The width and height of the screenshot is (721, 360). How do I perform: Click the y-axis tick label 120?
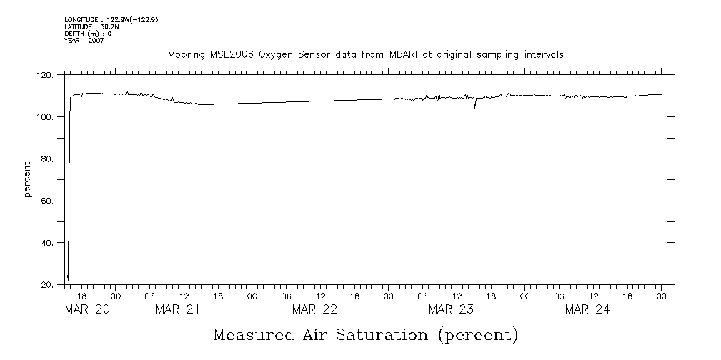pos(46,74)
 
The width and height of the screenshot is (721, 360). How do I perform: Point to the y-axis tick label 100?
pos(46,116)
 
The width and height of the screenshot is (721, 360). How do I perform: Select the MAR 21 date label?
pos(177,309)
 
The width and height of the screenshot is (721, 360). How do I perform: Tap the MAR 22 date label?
pos(314,309)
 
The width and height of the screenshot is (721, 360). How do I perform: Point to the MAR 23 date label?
pos(450,309)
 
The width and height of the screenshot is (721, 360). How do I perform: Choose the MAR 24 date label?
pos(587,309)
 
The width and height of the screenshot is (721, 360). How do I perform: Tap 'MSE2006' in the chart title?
pos(225,54)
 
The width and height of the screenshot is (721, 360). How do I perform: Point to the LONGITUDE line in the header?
pos(111,20)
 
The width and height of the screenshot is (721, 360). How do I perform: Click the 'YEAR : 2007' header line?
pos(85,41)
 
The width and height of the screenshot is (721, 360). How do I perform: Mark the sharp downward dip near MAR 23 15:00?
pos(475,107)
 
